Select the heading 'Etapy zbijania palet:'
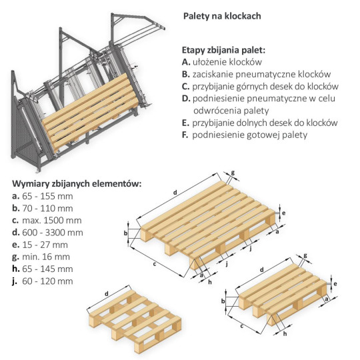[224, 50]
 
